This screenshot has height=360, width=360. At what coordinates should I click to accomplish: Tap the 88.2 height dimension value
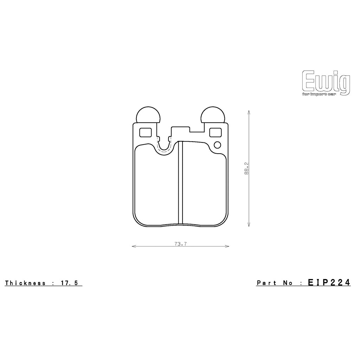point(247,168)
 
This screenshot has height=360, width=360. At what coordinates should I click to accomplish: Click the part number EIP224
point(329,282)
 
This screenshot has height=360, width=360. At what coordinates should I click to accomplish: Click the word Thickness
point(25,283)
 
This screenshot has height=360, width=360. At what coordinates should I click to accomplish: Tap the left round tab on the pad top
point(148,115)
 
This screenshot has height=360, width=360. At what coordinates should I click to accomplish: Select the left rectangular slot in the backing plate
point(145,132)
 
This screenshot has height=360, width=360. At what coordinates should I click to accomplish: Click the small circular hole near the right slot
point(217,144)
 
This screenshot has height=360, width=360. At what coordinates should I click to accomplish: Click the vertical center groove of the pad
point(181,183)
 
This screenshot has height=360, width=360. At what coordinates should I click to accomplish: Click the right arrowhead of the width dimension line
point(227,246)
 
